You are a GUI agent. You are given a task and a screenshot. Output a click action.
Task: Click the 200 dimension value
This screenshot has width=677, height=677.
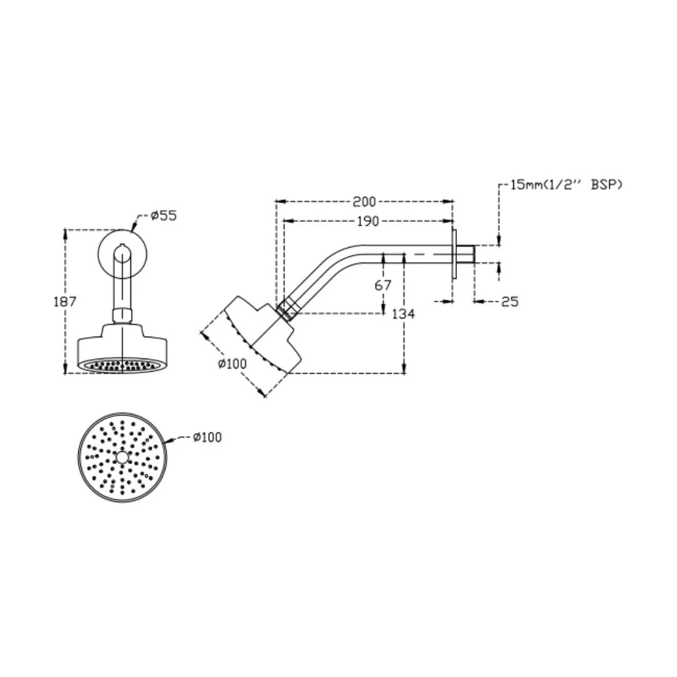[x=364, y=202]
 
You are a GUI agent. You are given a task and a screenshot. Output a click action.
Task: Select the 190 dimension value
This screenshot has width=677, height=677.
[x=368, y=221]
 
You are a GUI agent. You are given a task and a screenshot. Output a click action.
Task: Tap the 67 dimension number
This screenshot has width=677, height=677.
[x=382, y=285]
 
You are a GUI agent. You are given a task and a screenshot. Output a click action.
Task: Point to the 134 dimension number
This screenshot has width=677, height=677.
[x=403, y=313]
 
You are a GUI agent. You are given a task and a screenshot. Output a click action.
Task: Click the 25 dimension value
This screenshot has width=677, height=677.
[x=510, y=302]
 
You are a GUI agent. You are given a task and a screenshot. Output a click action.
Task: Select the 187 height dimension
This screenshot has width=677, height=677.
[x=65, y=301]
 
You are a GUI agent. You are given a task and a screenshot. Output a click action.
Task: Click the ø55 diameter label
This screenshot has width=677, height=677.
[x=164, y=216]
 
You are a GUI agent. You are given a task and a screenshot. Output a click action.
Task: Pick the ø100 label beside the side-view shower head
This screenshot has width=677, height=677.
[x=233, y=364]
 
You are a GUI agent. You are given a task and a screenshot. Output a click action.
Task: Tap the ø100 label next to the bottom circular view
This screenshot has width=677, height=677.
[x=207, y=438]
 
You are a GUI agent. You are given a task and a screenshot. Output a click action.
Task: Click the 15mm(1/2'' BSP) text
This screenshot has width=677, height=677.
[x=567, y=184]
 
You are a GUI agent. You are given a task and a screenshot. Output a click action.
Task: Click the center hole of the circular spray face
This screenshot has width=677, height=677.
[x=122, y=457]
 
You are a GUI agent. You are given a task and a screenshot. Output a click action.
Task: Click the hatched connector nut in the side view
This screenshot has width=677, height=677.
[x=288, y=308]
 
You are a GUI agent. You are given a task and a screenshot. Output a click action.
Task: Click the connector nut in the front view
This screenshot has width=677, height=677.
[x=122, y=315]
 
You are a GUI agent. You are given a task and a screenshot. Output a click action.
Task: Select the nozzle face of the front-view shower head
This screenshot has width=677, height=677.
[x=122, y=364]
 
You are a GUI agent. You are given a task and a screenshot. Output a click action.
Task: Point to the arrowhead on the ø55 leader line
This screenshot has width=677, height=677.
[x=133, y=228]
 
